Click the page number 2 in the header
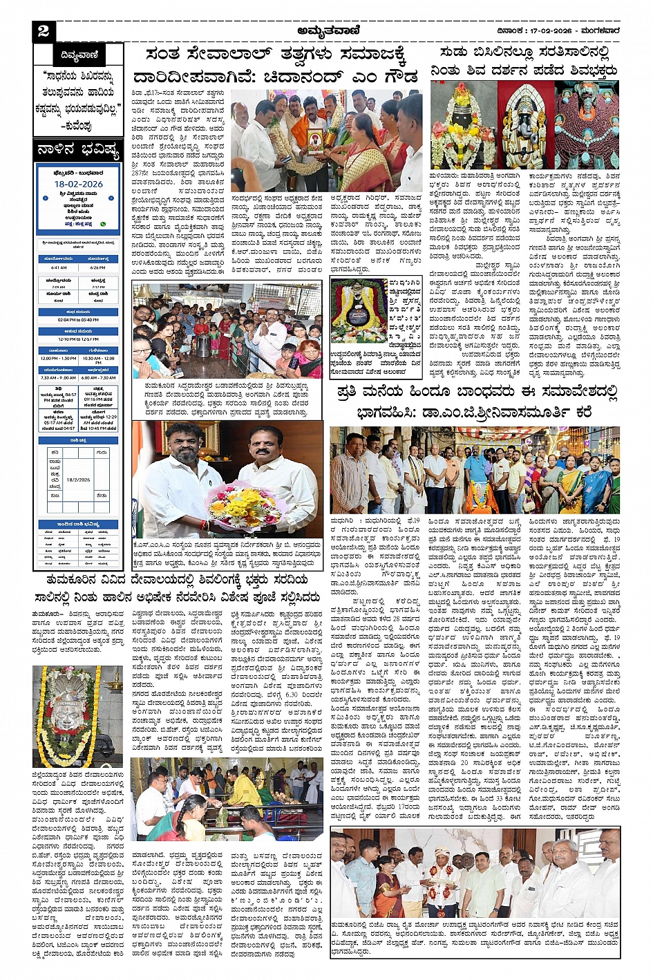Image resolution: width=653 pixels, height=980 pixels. pyautogui.click(x=44, y=30)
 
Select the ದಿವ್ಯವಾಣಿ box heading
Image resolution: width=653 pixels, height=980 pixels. pyautogui.click(x=79, y=55)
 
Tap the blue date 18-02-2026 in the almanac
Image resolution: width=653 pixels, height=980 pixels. pyautogui.click(x=78, y=185)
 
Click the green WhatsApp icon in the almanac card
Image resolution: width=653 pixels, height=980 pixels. pyautogui.click(x=103, y=224)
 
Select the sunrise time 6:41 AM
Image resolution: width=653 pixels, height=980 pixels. pyautogui.click(x=59, y=267)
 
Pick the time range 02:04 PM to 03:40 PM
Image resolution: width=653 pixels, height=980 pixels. pyautogui.click(x=78, y=320)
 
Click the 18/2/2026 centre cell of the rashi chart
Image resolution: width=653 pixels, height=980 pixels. pyautogui.click(x=78, y=479)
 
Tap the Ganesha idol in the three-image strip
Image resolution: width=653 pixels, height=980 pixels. pyautogui.click(x=525, y=125)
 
